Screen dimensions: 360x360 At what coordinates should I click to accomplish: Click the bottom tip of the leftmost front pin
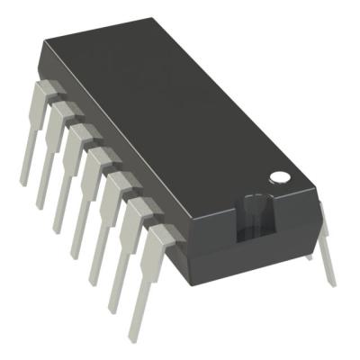click(22, 184)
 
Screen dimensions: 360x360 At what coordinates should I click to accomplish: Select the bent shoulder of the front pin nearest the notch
click(157, 236)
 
